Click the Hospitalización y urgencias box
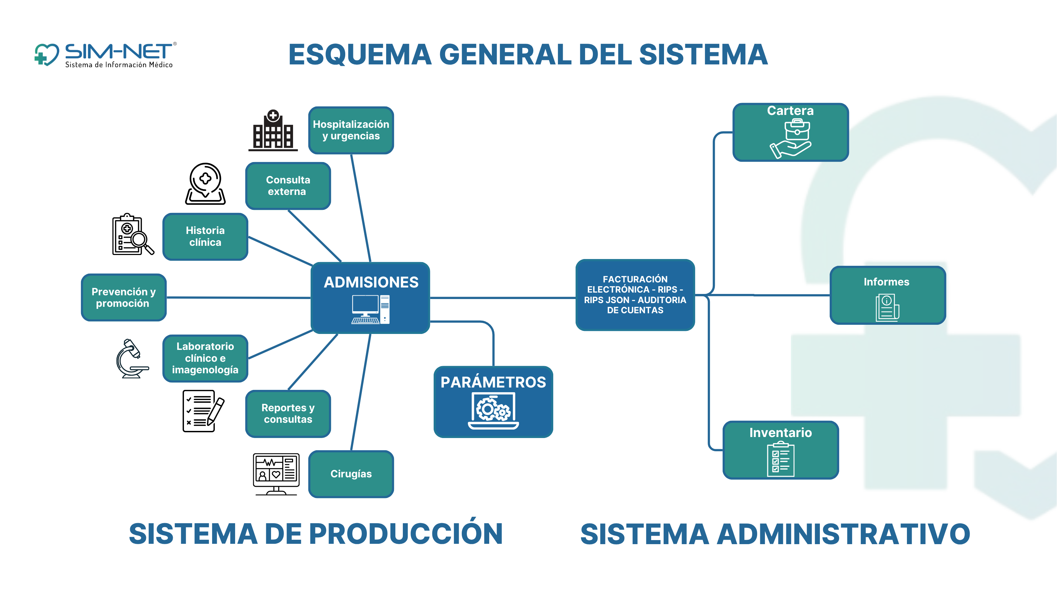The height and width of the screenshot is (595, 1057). (351, 130)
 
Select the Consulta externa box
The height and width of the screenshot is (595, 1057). (288, 185)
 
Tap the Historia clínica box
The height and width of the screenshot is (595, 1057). (205, 237)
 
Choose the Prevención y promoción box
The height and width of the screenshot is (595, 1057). (124, 297)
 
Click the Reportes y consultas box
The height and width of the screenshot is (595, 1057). (288, 414)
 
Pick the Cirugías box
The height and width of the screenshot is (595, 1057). (351, 474)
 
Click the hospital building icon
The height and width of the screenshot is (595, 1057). (273, 131)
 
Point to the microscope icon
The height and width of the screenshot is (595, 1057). (131, 358)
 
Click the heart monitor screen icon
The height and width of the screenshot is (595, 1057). (276, 474)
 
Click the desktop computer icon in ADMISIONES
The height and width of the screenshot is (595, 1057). (370, 309)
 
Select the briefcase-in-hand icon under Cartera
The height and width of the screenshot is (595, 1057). (791, 138)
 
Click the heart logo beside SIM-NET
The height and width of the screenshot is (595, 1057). (47, 55)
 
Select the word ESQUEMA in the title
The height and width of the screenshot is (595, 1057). (360, 55)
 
